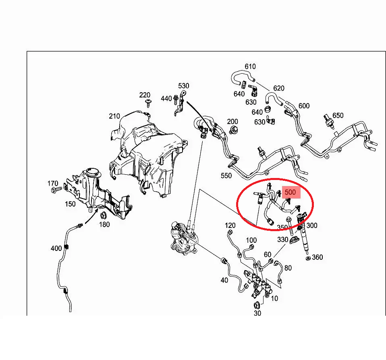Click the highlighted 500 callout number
290,192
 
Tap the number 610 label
250,66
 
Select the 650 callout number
338,116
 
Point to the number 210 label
114,116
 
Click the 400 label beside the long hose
56,248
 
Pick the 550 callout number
226,176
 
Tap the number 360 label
318,257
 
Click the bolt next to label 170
57,190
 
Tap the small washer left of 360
308,258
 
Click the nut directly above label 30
256,305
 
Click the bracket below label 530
180,103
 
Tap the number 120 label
230,225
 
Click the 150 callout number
70,204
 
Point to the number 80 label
288,268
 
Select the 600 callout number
304,106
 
